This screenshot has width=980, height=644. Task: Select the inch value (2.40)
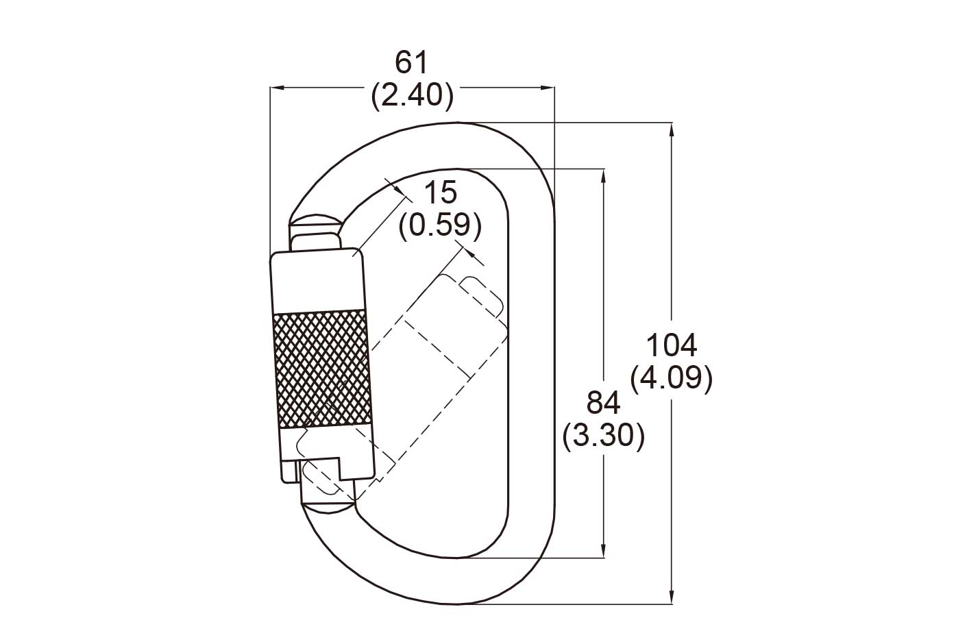[412, 95]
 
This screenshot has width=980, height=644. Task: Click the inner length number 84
[603, 403]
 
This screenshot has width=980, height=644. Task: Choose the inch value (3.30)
[603, 435]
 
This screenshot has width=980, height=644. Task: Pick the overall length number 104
[672, 345]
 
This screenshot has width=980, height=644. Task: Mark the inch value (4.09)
[672, 378]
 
